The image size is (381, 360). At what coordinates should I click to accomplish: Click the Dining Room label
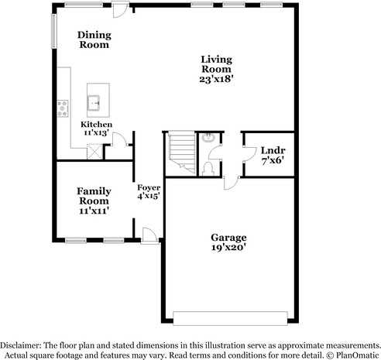coord(94,39)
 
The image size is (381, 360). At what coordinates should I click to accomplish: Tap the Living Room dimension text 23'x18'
coord(216,79)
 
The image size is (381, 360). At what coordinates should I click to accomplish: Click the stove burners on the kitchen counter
coord(62,109)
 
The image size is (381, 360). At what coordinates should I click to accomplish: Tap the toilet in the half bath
coord(207,166)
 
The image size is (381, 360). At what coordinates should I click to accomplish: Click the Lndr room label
coord(271,150)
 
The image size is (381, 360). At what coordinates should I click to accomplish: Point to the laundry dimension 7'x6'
coord(271,160)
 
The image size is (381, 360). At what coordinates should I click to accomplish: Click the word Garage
coord(228,237)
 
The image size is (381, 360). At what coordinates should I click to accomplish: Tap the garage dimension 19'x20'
coord(228,248)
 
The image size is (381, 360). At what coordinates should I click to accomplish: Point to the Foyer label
coord(149,187)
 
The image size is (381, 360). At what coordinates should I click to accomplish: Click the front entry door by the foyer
coord(149,234)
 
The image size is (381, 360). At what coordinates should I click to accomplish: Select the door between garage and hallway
coord(231,182)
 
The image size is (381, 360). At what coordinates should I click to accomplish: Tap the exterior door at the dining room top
coord(119,10)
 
